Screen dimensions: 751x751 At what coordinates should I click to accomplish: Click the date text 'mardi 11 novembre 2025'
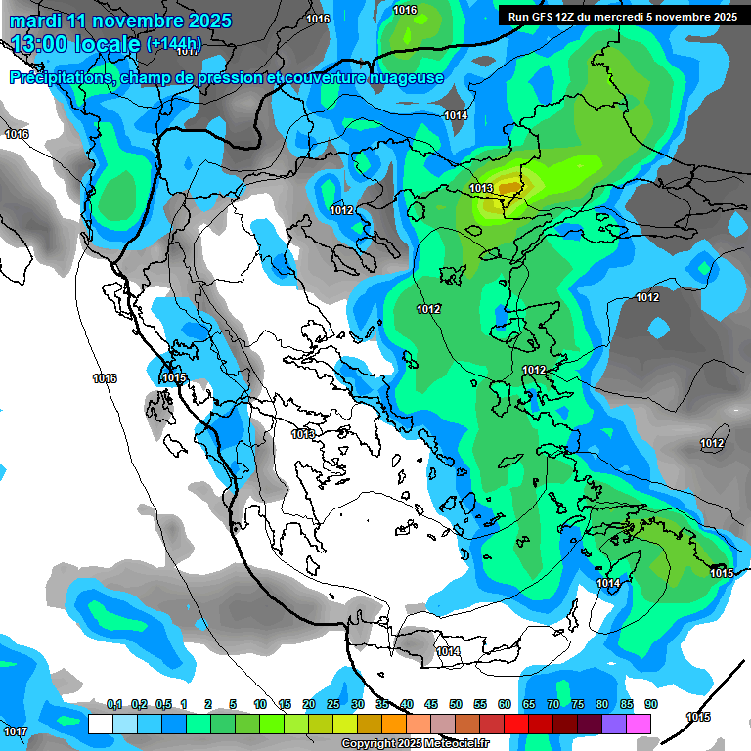click(x=120, y=21)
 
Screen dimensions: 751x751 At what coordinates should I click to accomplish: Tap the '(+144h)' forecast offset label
click(x=173, y=44)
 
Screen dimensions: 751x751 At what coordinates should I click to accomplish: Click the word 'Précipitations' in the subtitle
click(x=61, y=77)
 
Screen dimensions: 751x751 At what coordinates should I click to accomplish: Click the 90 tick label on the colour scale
click(x=650, y=704)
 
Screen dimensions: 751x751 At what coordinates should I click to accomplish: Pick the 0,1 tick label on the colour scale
click(x=113, y=704)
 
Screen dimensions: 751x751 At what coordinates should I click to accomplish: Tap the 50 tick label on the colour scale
click(x=456, y=704)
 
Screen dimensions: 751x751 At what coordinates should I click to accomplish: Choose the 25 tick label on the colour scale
click(x=333, y=704)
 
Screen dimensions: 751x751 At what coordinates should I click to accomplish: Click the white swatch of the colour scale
click(x=100, y=724)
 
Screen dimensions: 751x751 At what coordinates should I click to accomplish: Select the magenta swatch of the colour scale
click(x=639, y=724)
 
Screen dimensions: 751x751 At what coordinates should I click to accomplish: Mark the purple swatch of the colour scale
click(x=614, y=724)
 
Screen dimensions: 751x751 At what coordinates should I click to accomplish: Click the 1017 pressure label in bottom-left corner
click(x=15, y=731)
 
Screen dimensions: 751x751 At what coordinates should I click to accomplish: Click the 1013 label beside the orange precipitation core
click(x=481, y=188)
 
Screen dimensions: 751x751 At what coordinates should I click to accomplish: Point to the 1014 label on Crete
click(x=448, y=651)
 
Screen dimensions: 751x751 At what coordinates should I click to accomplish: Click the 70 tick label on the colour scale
click(x=553, y=704)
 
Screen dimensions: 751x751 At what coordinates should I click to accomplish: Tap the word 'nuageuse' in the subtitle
click(x=410, y=77)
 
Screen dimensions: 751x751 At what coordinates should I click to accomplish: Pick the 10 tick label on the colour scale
click(x=260, y=704)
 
